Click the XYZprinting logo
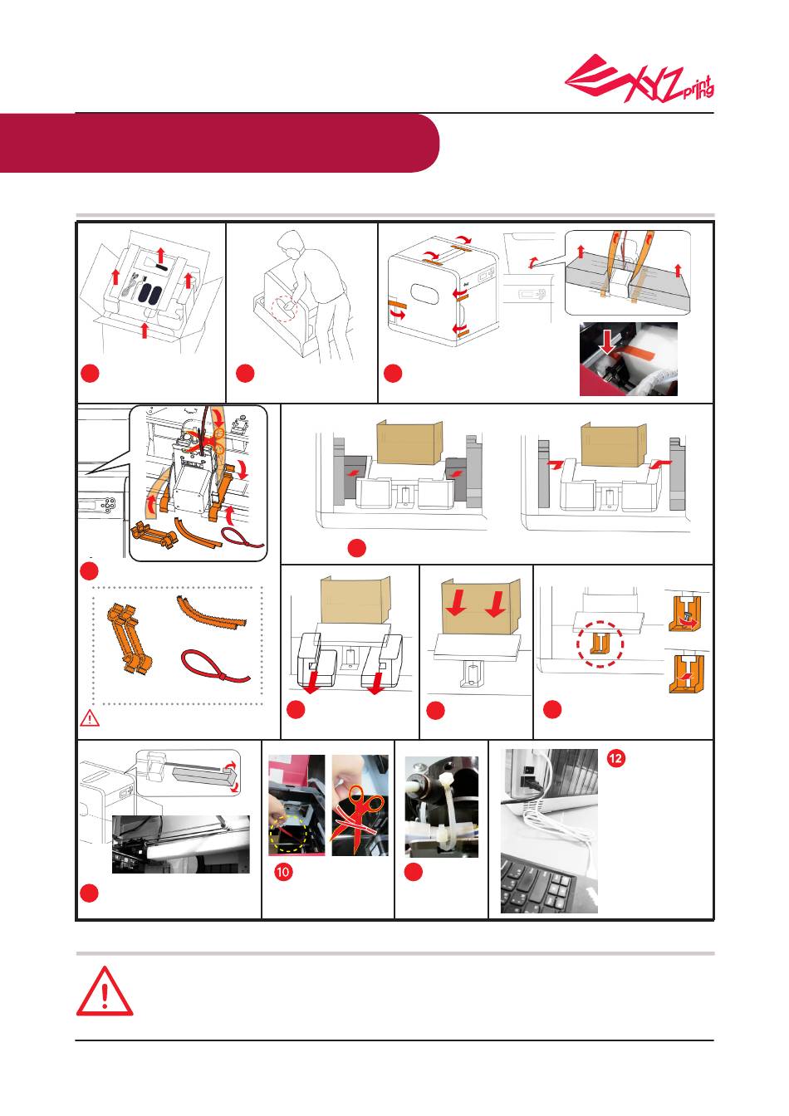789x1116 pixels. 640,79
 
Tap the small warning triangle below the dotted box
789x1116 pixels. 90,718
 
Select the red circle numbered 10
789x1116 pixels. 283,872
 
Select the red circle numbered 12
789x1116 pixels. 615,758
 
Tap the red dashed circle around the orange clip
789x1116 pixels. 600,644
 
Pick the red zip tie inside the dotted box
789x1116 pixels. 213,669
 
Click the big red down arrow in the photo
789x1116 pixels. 607,342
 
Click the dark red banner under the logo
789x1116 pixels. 219,143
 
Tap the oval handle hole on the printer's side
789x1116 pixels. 424,295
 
